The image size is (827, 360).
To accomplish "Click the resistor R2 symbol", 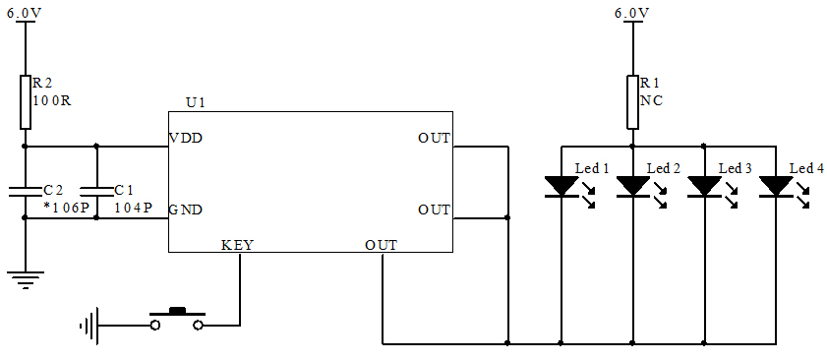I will [26, 101].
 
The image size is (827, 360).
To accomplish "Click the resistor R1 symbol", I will [632, 101].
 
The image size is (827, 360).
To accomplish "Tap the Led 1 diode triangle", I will [561, 185].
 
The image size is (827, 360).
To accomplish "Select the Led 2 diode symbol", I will [632, 185].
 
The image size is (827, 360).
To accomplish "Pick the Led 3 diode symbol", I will [704, 185].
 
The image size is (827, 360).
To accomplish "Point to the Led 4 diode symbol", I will [776, 185].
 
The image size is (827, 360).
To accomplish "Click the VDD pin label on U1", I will [186, 138].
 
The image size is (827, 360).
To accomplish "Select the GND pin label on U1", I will [186, 210].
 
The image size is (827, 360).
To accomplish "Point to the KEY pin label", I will [237, 244].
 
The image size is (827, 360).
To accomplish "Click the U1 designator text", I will [196, 102].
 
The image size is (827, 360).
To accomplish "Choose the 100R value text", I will [53, 101].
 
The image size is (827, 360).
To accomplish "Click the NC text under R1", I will [650, 101].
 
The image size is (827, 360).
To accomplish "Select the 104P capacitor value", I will [133, 208].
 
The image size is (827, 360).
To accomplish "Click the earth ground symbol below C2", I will [26, 278].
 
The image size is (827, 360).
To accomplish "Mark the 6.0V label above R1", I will [632, 13].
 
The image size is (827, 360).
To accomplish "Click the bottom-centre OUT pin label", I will [381, 244].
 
